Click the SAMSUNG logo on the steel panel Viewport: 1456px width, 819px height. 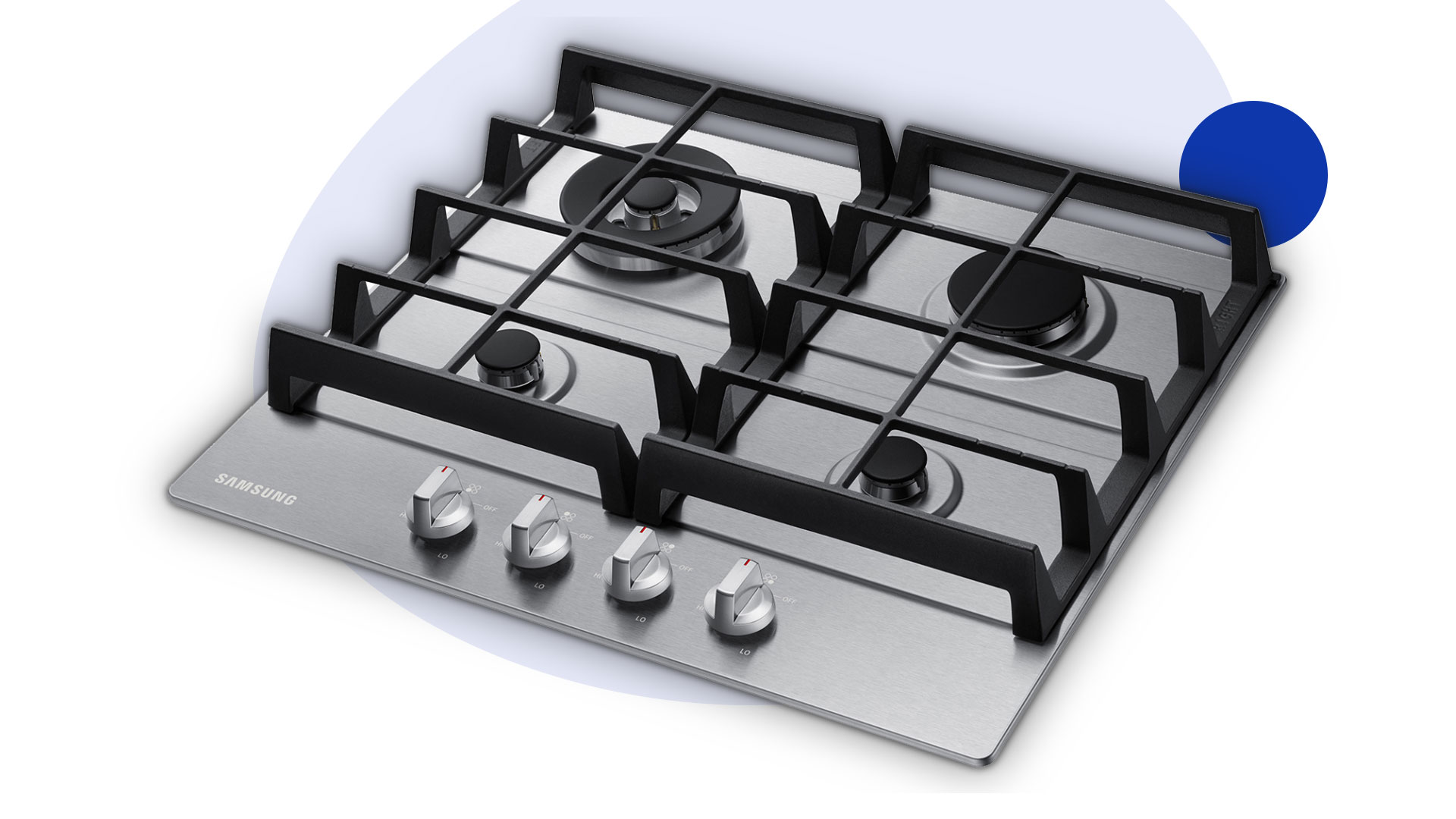click(x=255, y=489)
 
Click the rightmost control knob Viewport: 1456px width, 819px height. click(x=739, y=601)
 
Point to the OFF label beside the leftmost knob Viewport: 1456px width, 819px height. click(x=490, y=508)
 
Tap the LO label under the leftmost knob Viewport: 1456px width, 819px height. click(x=442, y=556)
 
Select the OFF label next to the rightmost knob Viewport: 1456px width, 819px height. click(x=789, y=601)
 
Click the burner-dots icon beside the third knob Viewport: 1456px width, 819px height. click(x=667, y=547)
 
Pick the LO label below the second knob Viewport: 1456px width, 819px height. click(x=539, y=585)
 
